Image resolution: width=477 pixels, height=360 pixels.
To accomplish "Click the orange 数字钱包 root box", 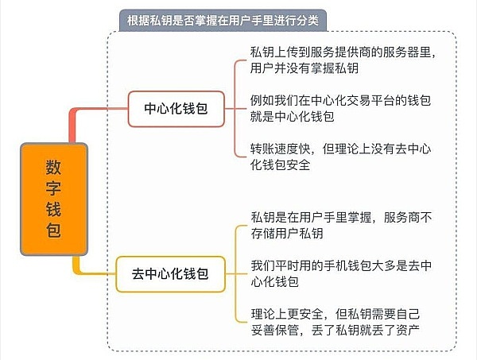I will (x=53, y=199).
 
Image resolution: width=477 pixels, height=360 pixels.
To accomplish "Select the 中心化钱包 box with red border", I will (x=175, y=108).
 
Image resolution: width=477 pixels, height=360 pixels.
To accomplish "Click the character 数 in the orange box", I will (x=53, y=166).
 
